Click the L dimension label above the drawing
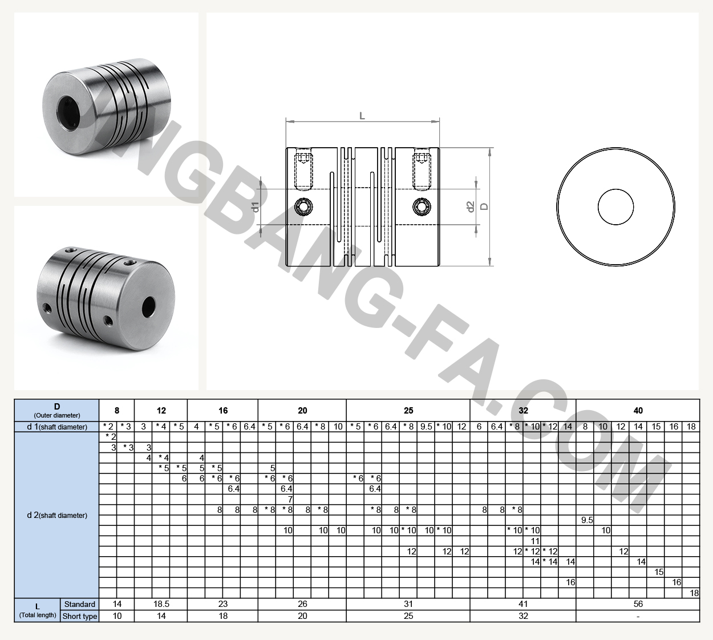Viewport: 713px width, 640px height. tap(362, 116)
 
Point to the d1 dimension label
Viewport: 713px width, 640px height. tap(256, 206)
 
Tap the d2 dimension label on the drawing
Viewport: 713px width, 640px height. tap(471, 206)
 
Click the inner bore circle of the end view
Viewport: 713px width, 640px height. tap(615, 206)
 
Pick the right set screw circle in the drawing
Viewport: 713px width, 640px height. tap(422, 206)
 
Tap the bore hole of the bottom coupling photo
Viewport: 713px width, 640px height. tap(149, 307)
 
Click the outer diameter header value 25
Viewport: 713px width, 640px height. tap(408, 411)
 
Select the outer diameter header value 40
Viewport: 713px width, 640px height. tap(638, 411)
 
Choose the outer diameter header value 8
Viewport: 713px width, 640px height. tap(117, 411)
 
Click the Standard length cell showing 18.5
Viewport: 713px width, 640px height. tap(161, 604)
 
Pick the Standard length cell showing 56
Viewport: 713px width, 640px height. tap(638, 604)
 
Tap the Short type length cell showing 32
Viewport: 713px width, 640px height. tap(523, 616)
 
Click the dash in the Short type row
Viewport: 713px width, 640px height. tap(638, 617)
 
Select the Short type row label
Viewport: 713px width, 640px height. tap(80, 616)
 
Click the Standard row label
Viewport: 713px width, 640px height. tap(80, 604)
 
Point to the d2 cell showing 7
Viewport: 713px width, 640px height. tap(290, 499)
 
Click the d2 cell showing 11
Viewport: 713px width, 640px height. tap(535, 541)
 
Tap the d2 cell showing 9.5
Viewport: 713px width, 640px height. tap(587, 520)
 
